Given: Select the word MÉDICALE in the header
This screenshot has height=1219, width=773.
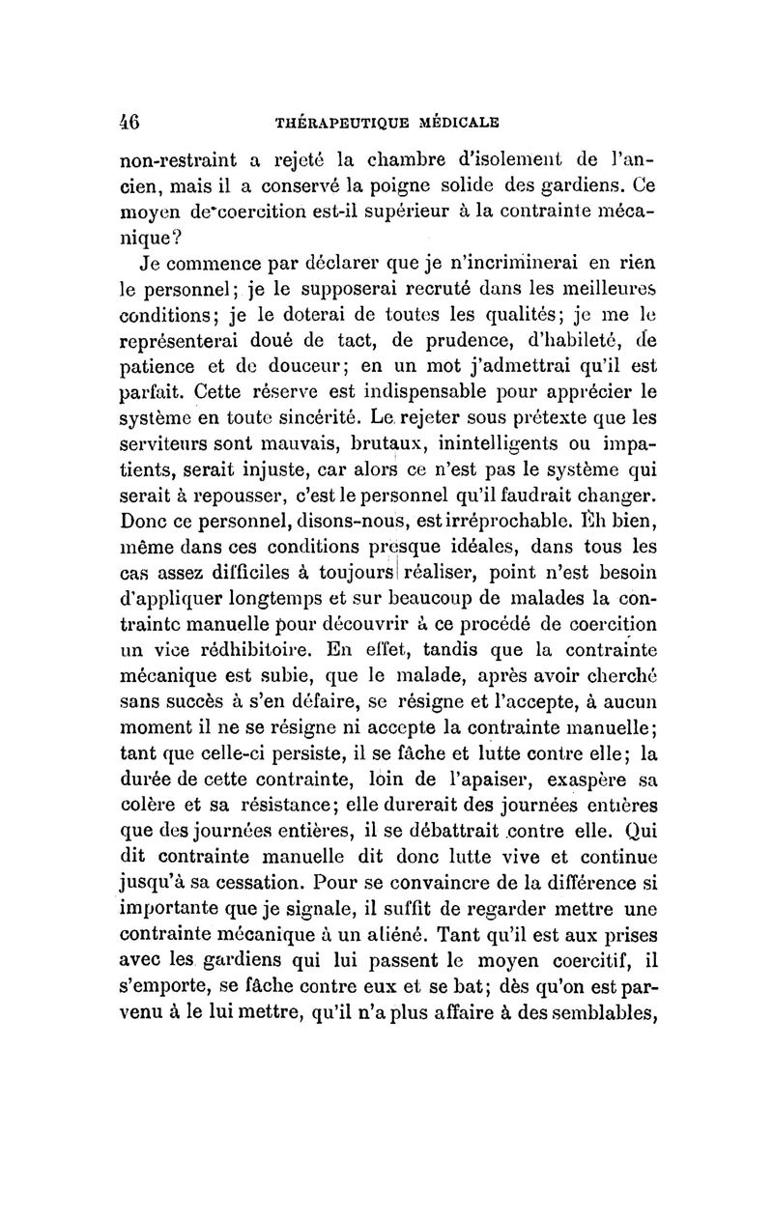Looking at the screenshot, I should coord(453,123).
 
